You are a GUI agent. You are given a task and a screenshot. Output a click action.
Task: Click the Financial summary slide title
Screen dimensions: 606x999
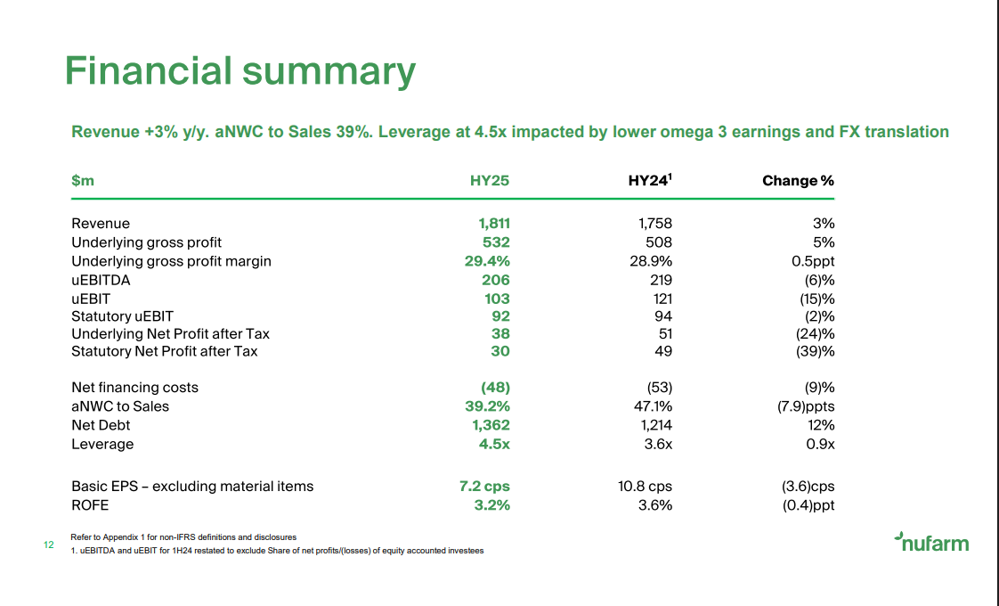point(240,71)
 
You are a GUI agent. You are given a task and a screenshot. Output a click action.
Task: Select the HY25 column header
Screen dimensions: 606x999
point(490,181)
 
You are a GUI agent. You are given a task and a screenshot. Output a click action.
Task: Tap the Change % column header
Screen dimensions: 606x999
point(798,181)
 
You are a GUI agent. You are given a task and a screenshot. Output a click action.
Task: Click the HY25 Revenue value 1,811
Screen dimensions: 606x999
point(494,224)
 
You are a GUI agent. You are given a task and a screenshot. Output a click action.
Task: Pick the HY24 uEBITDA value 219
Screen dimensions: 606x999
point(660,280)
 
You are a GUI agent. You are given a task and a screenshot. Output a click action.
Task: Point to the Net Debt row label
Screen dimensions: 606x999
point(101,425)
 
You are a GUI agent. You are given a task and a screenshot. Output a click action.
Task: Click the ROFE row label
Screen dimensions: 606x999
point(90,505)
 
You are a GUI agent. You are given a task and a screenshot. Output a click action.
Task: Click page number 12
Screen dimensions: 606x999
point(49,545)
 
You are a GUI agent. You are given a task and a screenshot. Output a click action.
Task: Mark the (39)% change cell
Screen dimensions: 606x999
point(816,351)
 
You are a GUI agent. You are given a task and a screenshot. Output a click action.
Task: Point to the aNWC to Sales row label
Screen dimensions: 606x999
point(120,406)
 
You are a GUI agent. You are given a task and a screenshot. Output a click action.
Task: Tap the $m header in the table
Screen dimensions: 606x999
point(83,181)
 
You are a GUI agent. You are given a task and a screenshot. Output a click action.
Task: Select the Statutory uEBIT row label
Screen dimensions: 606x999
point(122,315)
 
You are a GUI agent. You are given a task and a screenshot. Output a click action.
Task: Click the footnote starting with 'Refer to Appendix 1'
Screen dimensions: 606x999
point(183,537)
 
